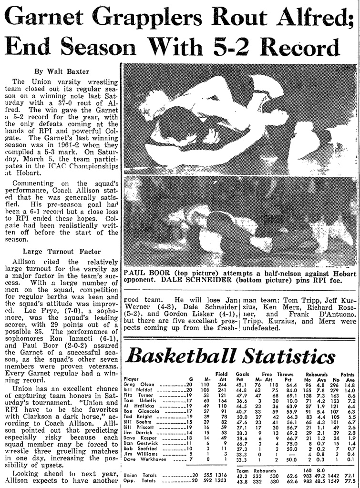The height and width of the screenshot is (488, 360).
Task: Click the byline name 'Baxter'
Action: (x=77, y=71)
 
